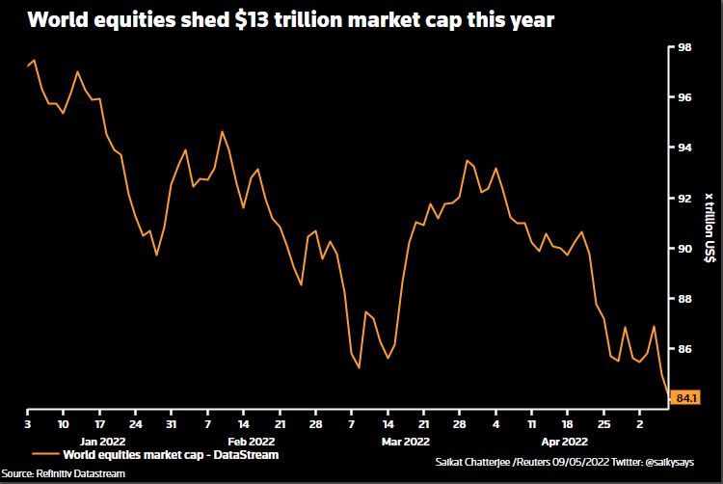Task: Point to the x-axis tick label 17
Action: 98,423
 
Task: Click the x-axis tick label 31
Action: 171,423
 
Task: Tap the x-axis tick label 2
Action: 639,423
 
